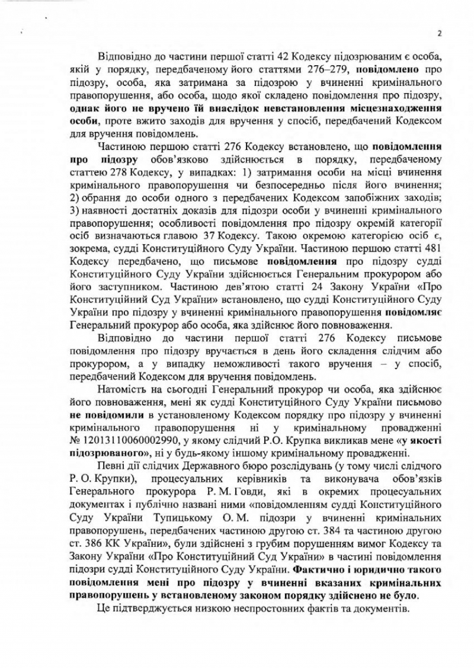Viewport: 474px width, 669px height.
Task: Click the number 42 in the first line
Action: pyautogui.click(x=251, y=58)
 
